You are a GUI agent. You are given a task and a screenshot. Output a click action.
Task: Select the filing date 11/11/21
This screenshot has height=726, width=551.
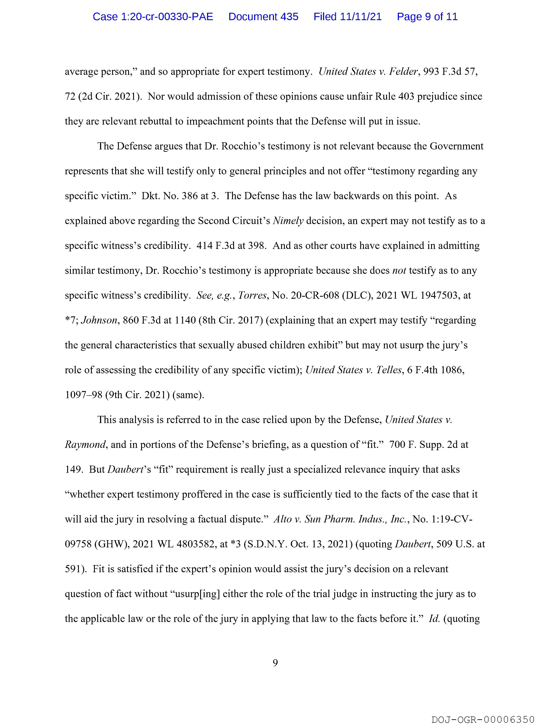[x=361, y=16]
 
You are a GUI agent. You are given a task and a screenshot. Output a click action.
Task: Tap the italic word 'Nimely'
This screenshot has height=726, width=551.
[x=288, y=221]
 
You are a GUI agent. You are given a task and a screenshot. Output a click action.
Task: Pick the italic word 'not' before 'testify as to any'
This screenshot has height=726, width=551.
[x=399, y=271]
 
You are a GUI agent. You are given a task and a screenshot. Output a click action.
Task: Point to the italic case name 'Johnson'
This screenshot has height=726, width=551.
[x=99, y=320]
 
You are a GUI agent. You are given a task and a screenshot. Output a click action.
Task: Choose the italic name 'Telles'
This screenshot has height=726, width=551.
[x=389, y=370]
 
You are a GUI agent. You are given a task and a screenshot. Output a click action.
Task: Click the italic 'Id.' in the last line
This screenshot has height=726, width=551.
[x=434, y=619]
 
